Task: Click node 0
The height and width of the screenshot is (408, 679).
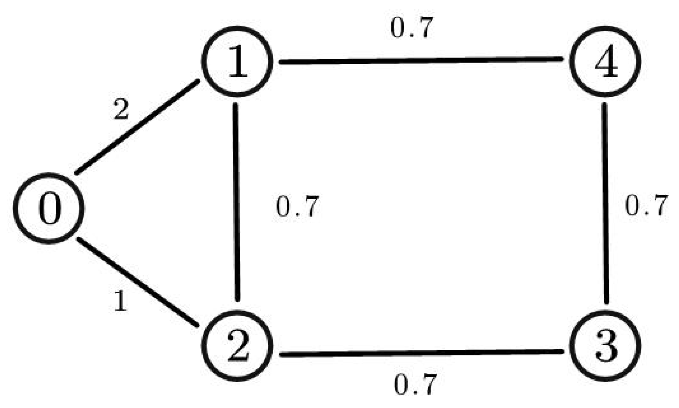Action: point(49,208)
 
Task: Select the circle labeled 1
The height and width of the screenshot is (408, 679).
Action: point(237,61)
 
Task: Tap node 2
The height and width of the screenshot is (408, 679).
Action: point(237,346)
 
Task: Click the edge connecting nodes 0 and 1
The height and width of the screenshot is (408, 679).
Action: point(138,127)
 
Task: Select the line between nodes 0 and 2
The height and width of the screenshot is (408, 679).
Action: point(138,282)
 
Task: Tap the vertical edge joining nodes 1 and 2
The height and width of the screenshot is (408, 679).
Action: point(237,202)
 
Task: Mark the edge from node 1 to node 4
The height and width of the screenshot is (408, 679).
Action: point(422,60)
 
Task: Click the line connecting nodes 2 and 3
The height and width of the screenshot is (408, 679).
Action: point(422,353)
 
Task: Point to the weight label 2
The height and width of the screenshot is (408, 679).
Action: point(121,109)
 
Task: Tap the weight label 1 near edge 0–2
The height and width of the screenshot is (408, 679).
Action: point(121,301)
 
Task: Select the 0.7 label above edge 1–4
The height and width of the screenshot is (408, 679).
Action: point(412,28)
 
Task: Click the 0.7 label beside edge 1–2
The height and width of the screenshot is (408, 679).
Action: point(297,206)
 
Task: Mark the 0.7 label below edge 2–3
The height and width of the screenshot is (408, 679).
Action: point(415,385)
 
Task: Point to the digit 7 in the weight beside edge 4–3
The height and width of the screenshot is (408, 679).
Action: point(659,205)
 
